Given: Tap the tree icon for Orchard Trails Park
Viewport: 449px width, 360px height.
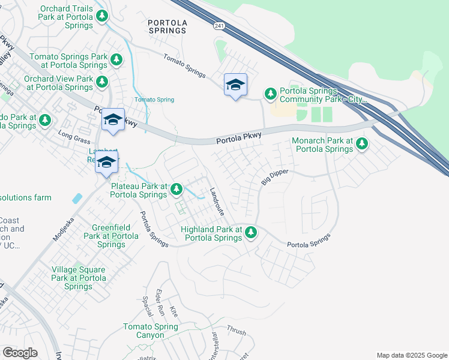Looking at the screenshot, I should (103, 15).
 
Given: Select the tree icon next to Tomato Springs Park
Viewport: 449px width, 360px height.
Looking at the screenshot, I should (116, 60).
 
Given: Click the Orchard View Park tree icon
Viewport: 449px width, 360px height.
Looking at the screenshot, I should (102, 82).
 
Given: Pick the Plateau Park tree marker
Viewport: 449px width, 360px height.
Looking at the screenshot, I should (176, 190).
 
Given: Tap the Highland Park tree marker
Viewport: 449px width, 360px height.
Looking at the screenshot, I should (250, 232).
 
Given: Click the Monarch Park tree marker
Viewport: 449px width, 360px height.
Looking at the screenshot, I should (361, 144).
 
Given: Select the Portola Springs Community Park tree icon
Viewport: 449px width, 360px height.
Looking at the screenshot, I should (271, 94).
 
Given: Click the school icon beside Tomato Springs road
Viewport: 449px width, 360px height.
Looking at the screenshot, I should (235, 85).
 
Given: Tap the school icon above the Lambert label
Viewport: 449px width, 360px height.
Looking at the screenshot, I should (112, 120).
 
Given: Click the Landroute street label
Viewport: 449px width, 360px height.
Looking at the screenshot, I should (217, 202).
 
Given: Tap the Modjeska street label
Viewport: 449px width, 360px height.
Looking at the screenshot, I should (65, 228).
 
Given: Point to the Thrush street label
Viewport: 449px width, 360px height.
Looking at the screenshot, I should (236, 329).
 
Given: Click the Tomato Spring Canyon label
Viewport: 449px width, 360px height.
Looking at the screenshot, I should (151, 331).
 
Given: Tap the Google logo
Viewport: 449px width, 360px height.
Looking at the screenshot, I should (20, 353).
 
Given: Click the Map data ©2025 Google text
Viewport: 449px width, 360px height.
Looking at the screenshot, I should (411, 355).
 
